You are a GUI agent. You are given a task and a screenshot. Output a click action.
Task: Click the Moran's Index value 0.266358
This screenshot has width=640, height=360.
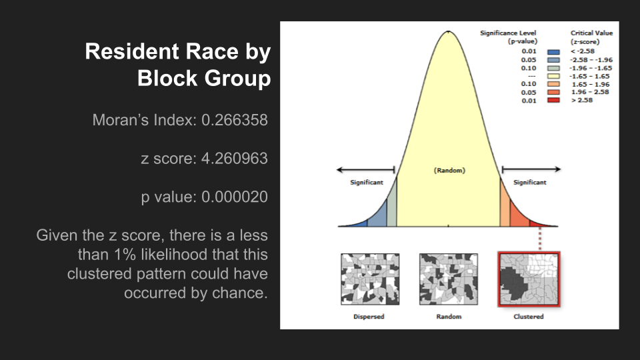[235, 120]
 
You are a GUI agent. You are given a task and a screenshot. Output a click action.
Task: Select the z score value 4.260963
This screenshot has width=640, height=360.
[235, 159]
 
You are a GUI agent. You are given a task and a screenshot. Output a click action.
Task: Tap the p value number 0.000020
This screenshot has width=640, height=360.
[235, 197]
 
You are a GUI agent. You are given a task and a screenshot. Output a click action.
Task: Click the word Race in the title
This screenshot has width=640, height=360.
[212, 51]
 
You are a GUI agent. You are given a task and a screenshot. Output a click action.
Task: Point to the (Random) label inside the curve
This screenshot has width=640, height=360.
[449, 170]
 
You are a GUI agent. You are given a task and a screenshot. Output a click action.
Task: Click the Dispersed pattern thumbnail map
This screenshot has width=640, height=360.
[370, 279]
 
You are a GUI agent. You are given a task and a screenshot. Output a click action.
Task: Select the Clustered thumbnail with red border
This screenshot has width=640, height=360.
[529, 279]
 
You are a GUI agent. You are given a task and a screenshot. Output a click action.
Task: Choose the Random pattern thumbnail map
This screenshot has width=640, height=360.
[449, 279]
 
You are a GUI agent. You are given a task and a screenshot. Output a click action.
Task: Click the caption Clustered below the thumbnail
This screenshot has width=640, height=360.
[529, 316]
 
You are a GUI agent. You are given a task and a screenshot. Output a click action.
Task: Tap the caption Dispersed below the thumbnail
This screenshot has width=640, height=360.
[369, 316]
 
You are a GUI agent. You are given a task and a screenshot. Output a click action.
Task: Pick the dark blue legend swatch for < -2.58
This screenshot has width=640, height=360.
[553, 52]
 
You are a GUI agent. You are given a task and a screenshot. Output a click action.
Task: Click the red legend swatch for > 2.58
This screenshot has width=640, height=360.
[553, 101]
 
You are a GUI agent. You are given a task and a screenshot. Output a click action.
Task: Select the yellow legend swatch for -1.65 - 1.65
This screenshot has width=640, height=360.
[553, 76]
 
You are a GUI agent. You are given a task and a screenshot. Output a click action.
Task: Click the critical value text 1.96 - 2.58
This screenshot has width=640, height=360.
[590, 92]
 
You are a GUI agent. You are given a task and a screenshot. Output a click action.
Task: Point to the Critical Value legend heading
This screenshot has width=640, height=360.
[591, 37]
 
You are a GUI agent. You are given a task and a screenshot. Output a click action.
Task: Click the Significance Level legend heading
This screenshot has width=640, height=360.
[509, 37]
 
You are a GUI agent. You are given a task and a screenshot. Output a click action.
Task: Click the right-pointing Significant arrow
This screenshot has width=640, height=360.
[531, 169]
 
